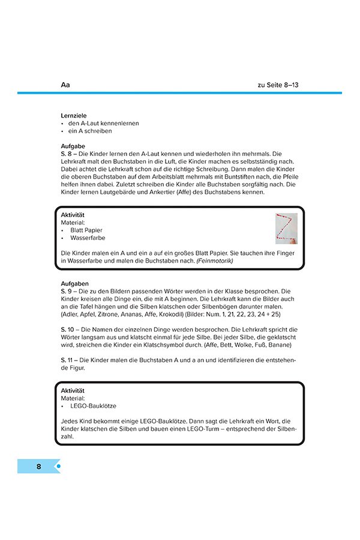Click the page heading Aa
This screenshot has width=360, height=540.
(x=66, y=85)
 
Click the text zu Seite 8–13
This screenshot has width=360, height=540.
(x=278, y=85)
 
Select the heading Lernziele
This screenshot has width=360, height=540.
(x=74, y=115)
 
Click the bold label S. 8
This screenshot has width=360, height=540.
(x=67, y=154)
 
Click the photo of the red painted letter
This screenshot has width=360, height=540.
(x=286, y=229)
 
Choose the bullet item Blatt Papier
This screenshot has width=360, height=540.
(x=86, y=230)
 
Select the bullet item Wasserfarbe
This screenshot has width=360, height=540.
(x=88, y=238)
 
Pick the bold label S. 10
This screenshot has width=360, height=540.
(x=68, y=329)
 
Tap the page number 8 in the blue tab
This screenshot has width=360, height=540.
(x=38, y=466)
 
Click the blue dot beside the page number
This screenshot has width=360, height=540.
(x=58, y=466)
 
